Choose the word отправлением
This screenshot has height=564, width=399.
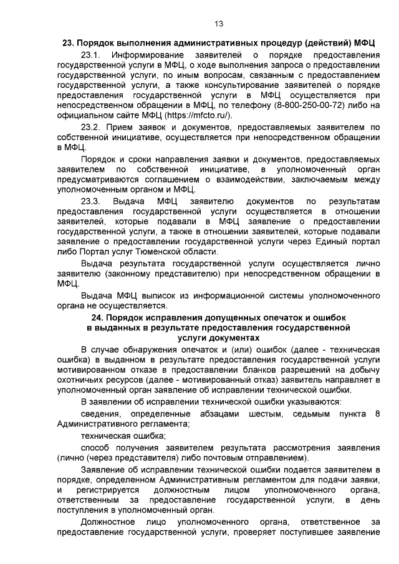tap(274, 458)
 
